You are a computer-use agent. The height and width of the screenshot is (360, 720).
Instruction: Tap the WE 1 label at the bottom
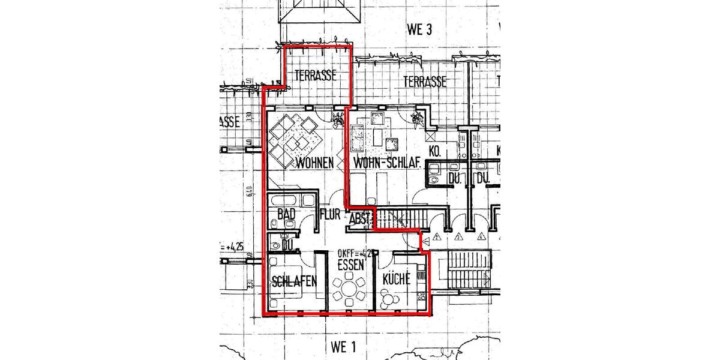tap(343, 346)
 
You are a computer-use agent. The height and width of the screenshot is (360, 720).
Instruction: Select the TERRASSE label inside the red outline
tap(315, 76)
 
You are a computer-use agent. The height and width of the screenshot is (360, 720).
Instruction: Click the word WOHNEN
tap(314, 163)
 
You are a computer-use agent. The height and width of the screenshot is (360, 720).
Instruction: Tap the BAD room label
tap(287, 214)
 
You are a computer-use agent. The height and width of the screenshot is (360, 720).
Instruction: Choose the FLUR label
tap(331, 215)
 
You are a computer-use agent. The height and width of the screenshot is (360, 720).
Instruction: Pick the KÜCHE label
tap(396, 278)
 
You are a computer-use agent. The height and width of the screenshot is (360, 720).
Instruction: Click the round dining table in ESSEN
tap(351, 292)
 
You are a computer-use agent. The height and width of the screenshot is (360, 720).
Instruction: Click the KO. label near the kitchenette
tap(436, 153)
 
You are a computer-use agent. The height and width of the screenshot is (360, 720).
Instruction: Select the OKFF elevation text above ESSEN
tap(354, 253)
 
